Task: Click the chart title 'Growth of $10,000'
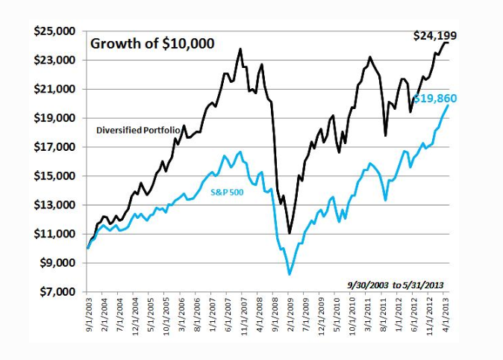pos(152,43)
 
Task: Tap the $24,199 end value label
pos(435,36)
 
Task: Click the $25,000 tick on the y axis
pos(54,31)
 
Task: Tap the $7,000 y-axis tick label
pos(57,291)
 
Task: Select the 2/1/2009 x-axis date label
pos(290,319)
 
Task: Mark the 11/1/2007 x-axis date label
pos(243,319)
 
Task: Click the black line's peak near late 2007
pos(240,49)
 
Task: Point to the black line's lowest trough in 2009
pos(290,233)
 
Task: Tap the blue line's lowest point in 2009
pos(290,275)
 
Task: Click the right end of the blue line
pos(448,105)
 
